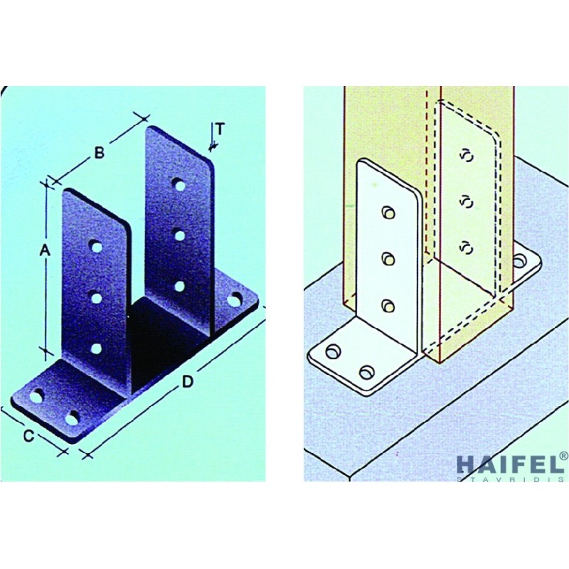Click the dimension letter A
point(45,250)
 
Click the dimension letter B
point(99,153)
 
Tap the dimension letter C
point(28,435)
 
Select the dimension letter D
point(187,381)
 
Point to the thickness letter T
point(220,129)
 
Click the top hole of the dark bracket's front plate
point(97,247)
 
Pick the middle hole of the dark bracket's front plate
point(97,298)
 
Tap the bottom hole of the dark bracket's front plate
point(96,349)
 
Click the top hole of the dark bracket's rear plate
point(179,185)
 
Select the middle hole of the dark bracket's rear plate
point(179,236)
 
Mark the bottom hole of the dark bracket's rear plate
point(179,287)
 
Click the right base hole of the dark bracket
point(235,299)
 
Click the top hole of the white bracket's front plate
point(388,213)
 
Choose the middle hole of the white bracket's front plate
point(388,259)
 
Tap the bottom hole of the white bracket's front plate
point(388,306)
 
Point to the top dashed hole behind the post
point(468,155)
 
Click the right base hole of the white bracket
point(520,260)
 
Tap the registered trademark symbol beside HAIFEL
point(564,455)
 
